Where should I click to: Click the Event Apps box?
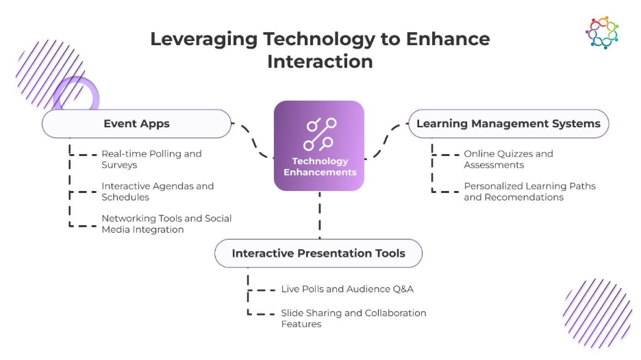pyautogui.click(x=137, y=124)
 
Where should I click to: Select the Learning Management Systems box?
pyautogui.click(x=508, y=124)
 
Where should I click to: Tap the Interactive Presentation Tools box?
pyautogui.click(x=318, y=253)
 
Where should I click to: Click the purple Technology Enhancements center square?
pyautogui.click(x=319, y=146)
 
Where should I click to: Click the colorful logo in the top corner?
pyautogui.click(x=602, y=32)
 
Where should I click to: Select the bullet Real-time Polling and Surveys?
pyautogui.click(x=151, y=159)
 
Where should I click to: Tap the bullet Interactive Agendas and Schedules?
pyautogui.click(x=158, y=191)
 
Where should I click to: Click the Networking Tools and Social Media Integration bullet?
pyautogui.click(x=166, y=224)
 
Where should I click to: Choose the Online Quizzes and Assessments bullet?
pyautogui.click(x=508, y=159)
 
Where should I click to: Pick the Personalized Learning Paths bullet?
pyautogui.click(x=529, y=191)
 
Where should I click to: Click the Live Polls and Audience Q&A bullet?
pyautogui.click(x=347, y=289)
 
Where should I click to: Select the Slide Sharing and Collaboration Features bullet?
pyautogui.click(x=353, y=318)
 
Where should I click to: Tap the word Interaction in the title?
pyautogui.click(x=320, y=61)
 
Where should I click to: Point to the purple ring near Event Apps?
pyautogui.click(x=76, y=94)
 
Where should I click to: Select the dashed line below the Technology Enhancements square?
pyautogui.click(x=319, y=214)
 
